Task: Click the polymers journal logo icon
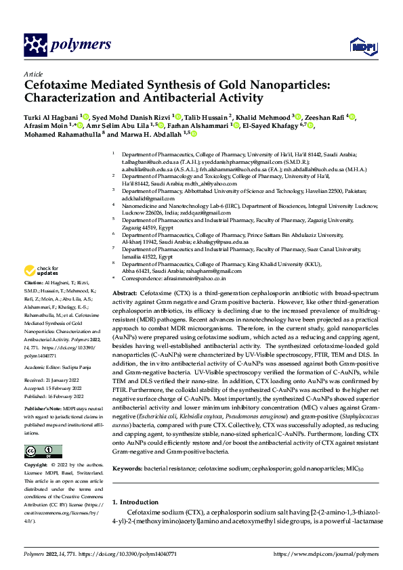coord(35,45)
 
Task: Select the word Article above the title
coord(33,74)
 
